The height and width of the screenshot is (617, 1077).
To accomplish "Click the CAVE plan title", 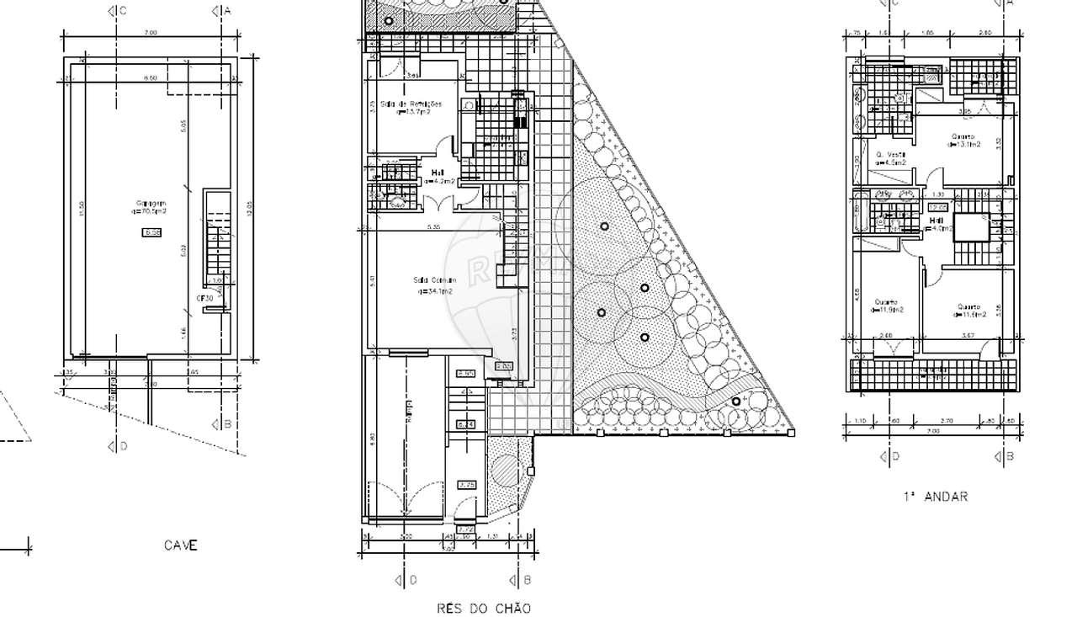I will point(181,545).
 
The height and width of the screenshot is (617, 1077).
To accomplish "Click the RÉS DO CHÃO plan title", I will point(484,608).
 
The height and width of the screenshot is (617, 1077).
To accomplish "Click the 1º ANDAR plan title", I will point(935,497).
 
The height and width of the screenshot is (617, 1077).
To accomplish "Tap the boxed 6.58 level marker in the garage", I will point(151,232).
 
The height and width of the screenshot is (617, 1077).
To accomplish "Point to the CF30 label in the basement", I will point(204,299).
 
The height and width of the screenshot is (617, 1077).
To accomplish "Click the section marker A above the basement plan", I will point(222,11).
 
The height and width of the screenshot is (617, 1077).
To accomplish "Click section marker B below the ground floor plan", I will point(522,580).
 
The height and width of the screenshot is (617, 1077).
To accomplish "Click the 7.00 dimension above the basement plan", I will point(150,33).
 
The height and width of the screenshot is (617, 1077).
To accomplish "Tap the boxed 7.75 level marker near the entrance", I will point(467,485).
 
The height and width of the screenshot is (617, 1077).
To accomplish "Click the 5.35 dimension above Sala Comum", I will point(433,227).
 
